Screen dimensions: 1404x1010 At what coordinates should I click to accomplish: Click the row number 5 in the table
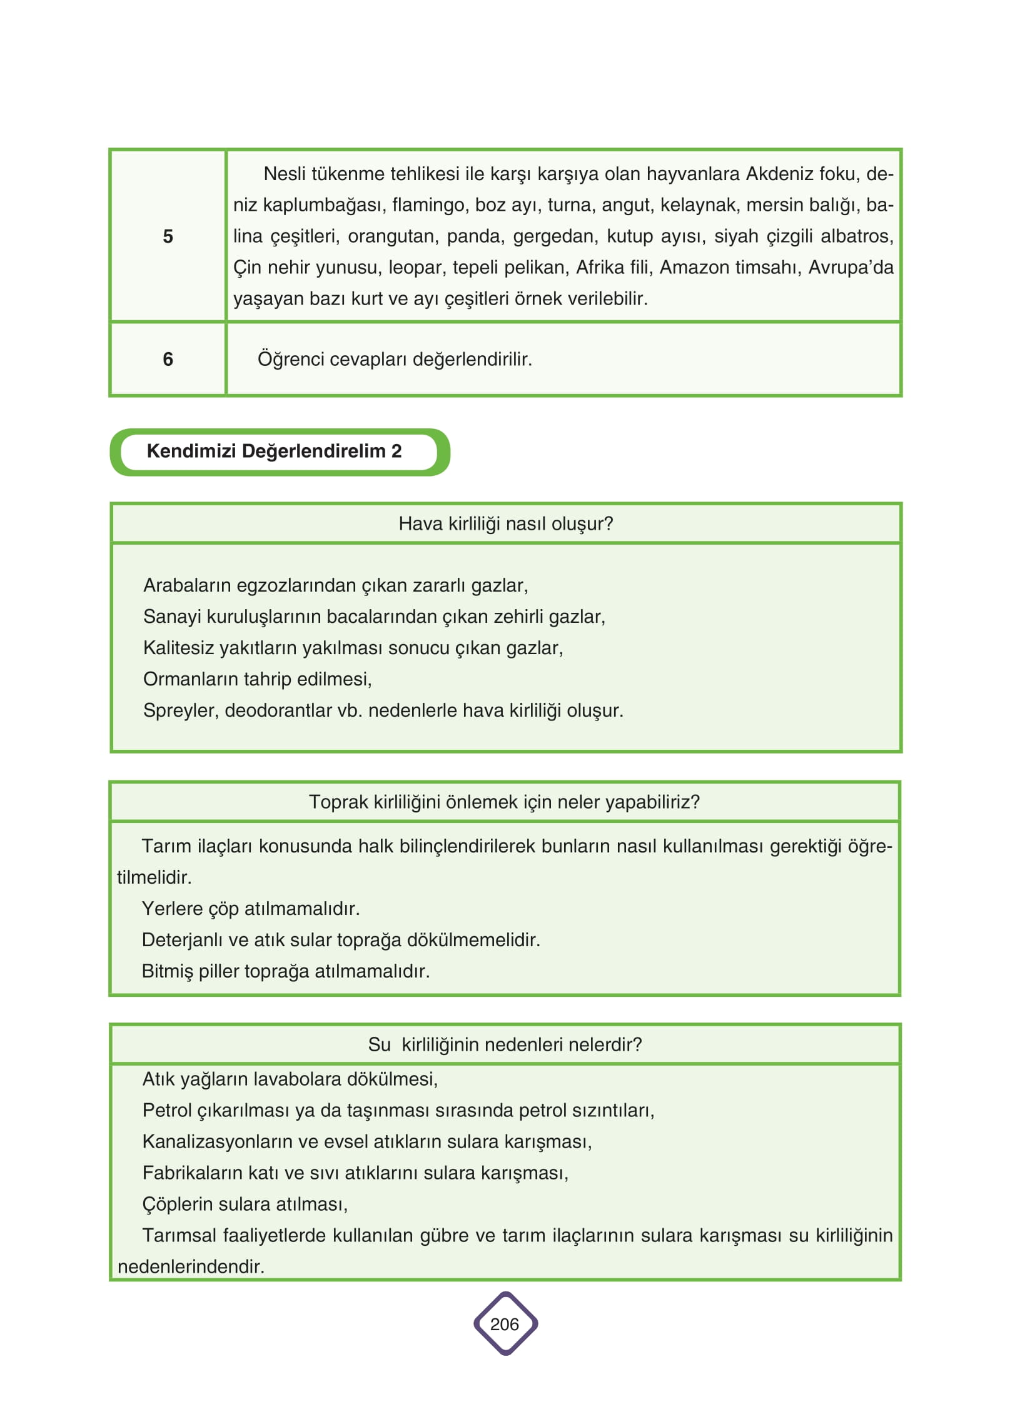coord(168,236)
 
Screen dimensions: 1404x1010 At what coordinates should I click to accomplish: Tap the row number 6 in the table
coord(168,360)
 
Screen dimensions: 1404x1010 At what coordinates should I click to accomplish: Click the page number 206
coord(505,1324)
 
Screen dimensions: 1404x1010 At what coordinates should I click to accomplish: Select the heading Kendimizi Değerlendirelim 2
coord(274,451)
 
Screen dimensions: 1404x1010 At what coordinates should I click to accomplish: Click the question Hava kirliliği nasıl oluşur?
coord(505,523)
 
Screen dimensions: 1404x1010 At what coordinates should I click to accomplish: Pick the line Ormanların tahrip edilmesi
coord(257,679)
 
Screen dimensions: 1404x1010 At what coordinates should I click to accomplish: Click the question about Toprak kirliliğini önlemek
coord(504,802)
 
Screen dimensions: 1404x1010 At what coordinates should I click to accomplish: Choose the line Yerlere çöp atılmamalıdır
coord(250,909)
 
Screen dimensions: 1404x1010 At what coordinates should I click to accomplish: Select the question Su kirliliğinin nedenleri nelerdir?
coord(505,1044)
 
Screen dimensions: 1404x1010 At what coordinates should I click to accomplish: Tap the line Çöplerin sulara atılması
coord(245,1204)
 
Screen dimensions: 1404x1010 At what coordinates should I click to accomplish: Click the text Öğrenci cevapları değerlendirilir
coord(395,360)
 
